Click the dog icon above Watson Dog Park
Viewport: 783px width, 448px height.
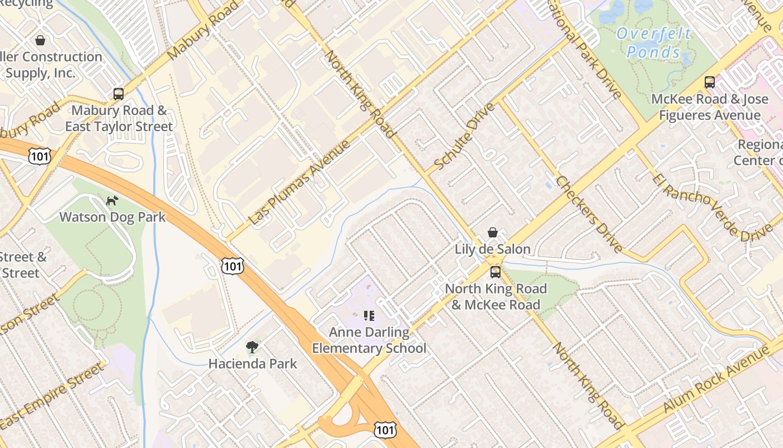tap(112, 200)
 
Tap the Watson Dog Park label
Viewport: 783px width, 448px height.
tap(112, 217)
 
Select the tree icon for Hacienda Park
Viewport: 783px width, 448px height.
tap(252, 347)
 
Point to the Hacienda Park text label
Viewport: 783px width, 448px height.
tap(253, 364)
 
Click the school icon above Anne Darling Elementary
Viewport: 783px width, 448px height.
tap(369, 316)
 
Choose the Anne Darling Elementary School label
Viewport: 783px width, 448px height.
tap(369, 340)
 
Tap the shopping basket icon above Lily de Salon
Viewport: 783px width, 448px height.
tap(493, 232)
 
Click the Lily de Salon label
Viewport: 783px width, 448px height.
tap(493, 249)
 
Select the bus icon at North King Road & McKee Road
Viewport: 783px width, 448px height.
tap(496, 272)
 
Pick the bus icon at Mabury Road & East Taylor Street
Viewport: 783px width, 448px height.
tap(119, 94)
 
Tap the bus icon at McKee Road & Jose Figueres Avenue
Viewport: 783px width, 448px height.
tap(710, 82)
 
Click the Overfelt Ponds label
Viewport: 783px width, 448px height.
tap(653, 43)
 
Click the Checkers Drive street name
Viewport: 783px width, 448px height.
tap(589, 214)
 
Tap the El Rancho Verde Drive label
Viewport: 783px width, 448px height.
tap(713, 208)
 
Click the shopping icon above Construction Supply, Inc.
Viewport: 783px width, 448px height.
tap(40, 40)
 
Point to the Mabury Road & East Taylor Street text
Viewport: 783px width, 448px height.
tap(119, 119)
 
